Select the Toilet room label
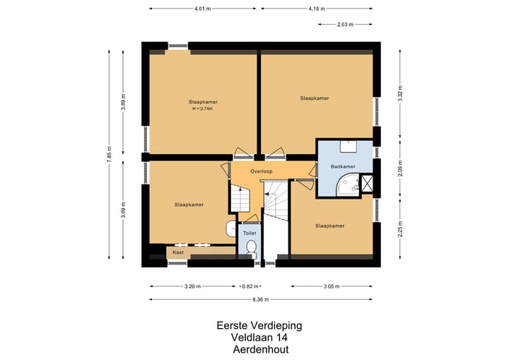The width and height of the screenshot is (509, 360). [249, 232]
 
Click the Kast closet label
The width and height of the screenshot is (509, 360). [178, 252]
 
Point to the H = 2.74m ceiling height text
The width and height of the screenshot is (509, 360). [203, 108]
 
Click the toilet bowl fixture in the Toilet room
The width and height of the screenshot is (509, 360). [252, 248]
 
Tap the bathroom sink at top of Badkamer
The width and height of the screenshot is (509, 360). [348, 146]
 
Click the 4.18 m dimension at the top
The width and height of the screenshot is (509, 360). [317, 8]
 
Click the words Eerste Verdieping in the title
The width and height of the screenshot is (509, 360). [259, 326]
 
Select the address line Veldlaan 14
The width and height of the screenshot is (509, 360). [259, 337]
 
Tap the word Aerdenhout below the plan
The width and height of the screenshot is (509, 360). [259, 349]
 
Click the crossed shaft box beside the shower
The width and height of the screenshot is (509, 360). [367, 184]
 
